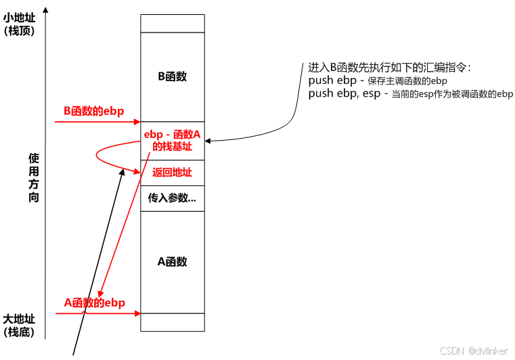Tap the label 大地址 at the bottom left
[19, 319]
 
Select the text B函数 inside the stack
[173, 76]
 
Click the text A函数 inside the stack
[173, 262]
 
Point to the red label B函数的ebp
[94, 111]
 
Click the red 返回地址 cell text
[173, 173]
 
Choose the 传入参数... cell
[173, 198]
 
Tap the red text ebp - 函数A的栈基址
[173, 140]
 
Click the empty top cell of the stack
[173, 23]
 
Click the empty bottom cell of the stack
[173, 322]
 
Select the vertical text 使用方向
[34, 177]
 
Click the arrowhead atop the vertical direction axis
[45, 9]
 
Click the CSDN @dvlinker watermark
[474, 351]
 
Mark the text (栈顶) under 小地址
[19, 30]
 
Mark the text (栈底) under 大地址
[19, 332]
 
